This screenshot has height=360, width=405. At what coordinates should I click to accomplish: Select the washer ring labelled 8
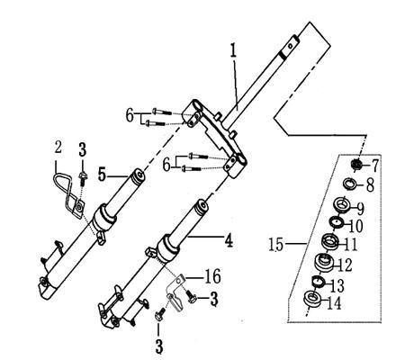(x=349, y=185)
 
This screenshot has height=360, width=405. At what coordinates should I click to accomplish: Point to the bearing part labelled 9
(x=342, y=205)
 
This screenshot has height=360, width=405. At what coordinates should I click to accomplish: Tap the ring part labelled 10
(x=337, y=222)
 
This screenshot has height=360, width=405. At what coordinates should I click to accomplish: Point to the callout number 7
(x=375, y=166)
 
